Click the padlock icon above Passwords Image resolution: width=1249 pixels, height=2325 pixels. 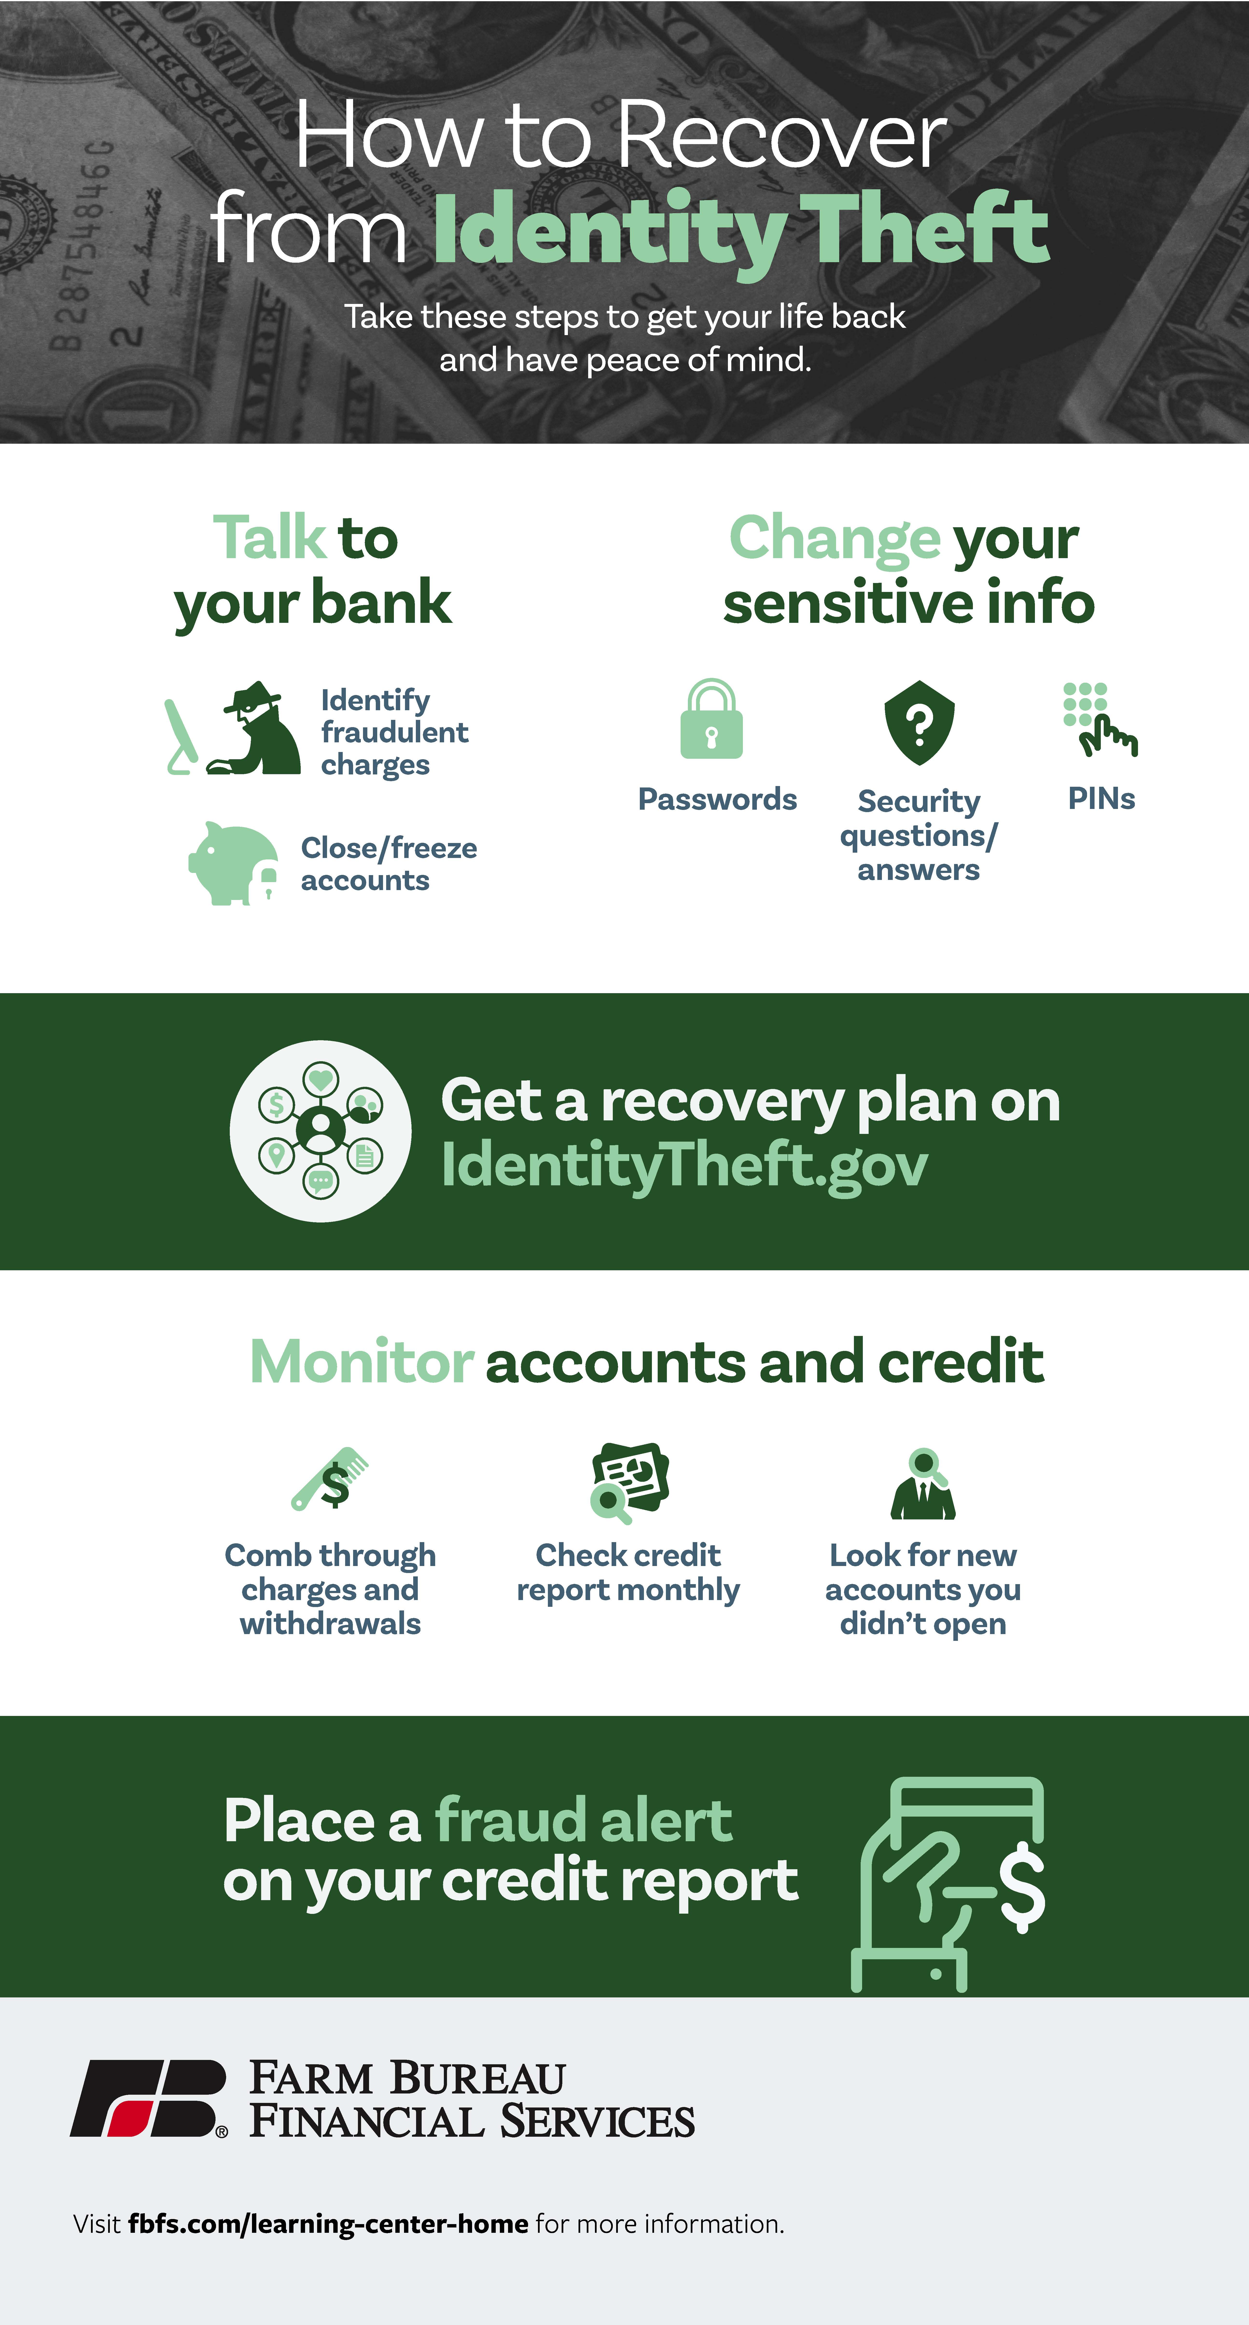coord(711,719)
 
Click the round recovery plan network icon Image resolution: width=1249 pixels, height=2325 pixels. coord(320,1131)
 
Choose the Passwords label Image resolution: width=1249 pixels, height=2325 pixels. coord(718,800)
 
